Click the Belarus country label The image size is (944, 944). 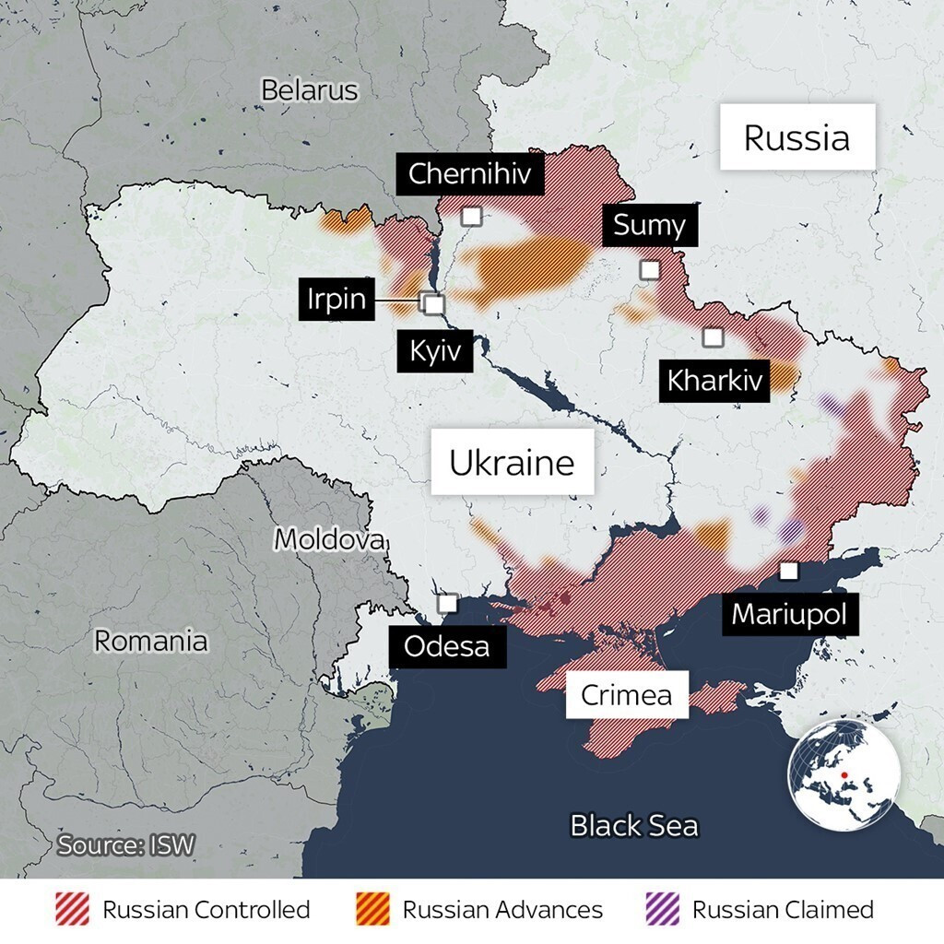coord(309,90)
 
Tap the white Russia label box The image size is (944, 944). coord(796,137)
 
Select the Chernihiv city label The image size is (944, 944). coord(470,172)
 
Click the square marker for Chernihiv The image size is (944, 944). coord(472,216)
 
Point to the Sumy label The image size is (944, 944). coord(649,225)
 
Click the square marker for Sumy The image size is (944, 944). coord(650,269)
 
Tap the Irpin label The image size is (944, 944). coord(336,300)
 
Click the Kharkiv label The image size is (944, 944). coord(715,380)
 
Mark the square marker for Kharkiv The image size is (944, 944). coord(713,337)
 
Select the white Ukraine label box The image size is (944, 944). coord(512,462)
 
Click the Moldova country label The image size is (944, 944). coord(330,539)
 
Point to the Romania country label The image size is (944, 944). coord(151,641)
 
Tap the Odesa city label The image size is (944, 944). coord(447,646)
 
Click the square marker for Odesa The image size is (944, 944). coord(447,603)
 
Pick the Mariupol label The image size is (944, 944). coord(789,614)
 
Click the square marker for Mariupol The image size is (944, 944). coord(788,571)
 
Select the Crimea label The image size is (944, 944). coord(626,695)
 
